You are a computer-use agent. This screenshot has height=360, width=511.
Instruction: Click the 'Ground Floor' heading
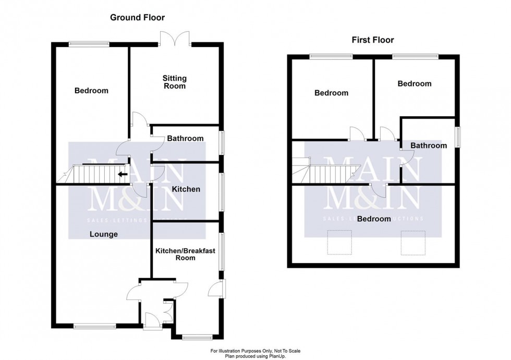(137, 18)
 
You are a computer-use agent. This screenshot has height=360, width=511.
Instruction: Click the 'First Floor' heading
(372, 40)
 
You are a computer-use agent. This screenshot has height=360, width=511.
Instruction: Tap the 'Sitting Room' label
(175, 82)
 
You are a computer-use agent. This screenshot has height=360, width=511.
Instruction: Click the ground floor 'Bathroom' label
(185, 139)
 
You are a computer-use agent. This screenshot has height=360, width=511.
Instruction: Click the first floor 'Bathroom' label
(428, 146)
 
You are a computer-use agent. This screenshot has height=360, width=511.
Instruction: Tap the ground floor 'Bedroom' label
(91, 91)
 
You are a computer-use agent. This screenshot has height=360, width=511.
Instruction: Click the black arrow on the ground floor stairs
(123, 174)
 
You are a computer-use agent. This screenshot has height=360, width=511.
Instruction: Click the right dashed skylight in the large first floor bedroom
(409, 243)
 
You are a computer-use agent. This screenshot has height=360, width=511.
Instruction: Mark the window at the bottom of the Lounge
(94, 327)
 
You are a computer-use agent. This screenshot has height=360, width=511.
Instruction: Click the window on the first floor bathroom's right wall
(458, 137)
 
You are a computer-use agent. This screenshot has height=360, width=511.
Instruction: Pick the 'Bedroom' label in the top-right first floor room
(415, 83)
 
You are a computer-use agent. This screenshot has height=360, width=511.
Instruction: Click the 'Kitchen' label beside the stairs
(186, 189)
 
